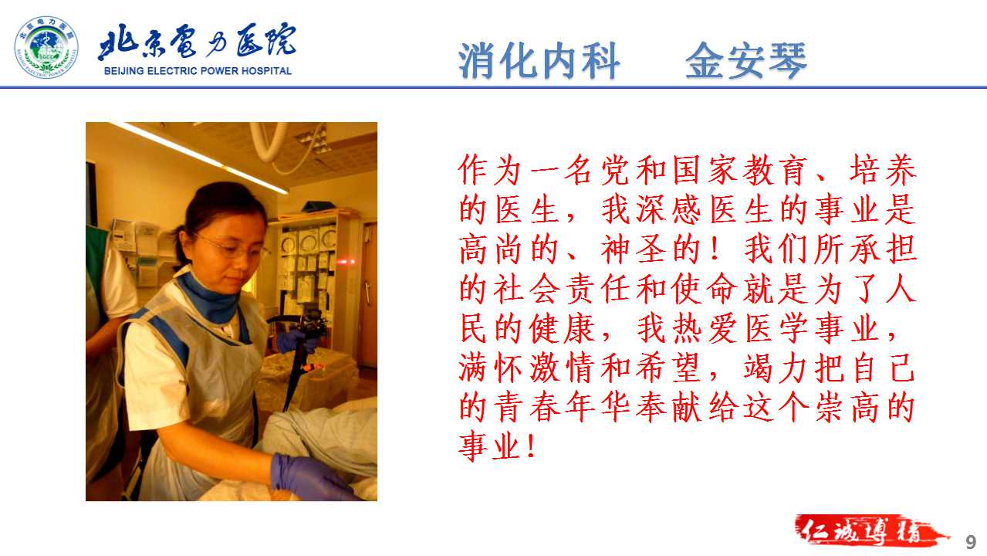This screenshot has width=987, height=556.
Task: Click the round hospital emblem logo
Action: (x=46, y=47)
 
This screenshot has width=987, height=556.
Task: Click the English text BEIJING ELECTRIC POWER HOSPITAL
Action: (x=198, y=71)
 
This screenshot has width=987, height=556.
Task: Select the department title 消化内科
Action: (x=539, y=61)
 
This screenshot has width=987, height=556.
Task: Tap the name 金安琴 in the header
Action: (x=746, y=61)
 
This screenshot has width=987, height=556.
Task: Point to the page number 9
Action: (x=971, y=542)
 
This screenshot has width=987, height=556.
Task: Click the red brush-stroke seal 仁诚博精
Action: (x=870, y=531)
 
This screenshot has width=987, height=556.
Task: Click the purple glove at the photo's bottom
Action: (x=311, y=477)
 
